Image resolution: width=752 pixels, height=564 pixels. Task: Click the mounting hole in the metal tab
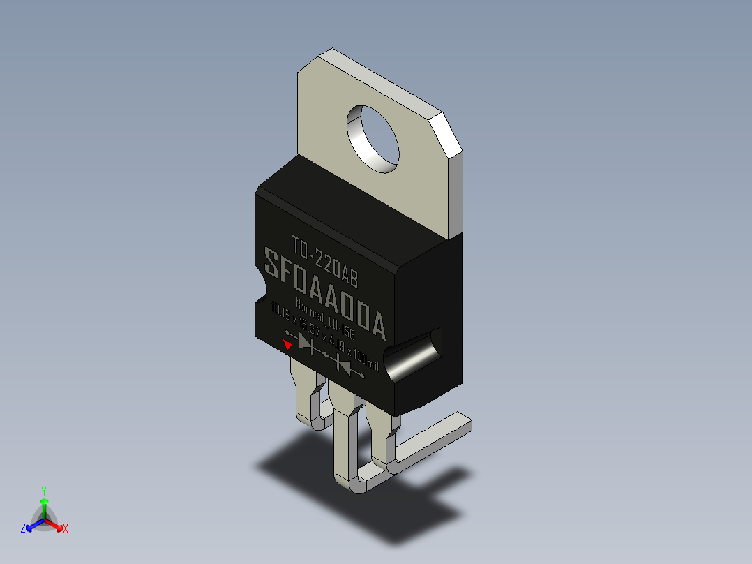click(x=373, y=138)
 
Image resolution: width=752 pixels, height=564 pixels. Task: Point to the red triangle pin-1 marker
click(x=287, y=343)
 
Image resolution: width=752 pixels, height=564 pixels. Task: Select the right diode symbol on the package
click(x=345, y=363)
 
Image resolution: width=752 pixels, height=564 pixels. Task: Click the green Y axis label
click(x=43, y=491)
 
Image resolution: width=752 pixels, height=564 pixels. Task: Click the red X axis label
click(x=66, y=529)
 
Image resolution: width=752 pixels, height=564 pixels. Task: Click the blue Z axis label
click(x=23, y=529)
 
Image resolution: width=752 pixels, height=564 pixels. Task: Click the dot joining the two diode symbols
click(x=325, y=354)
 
